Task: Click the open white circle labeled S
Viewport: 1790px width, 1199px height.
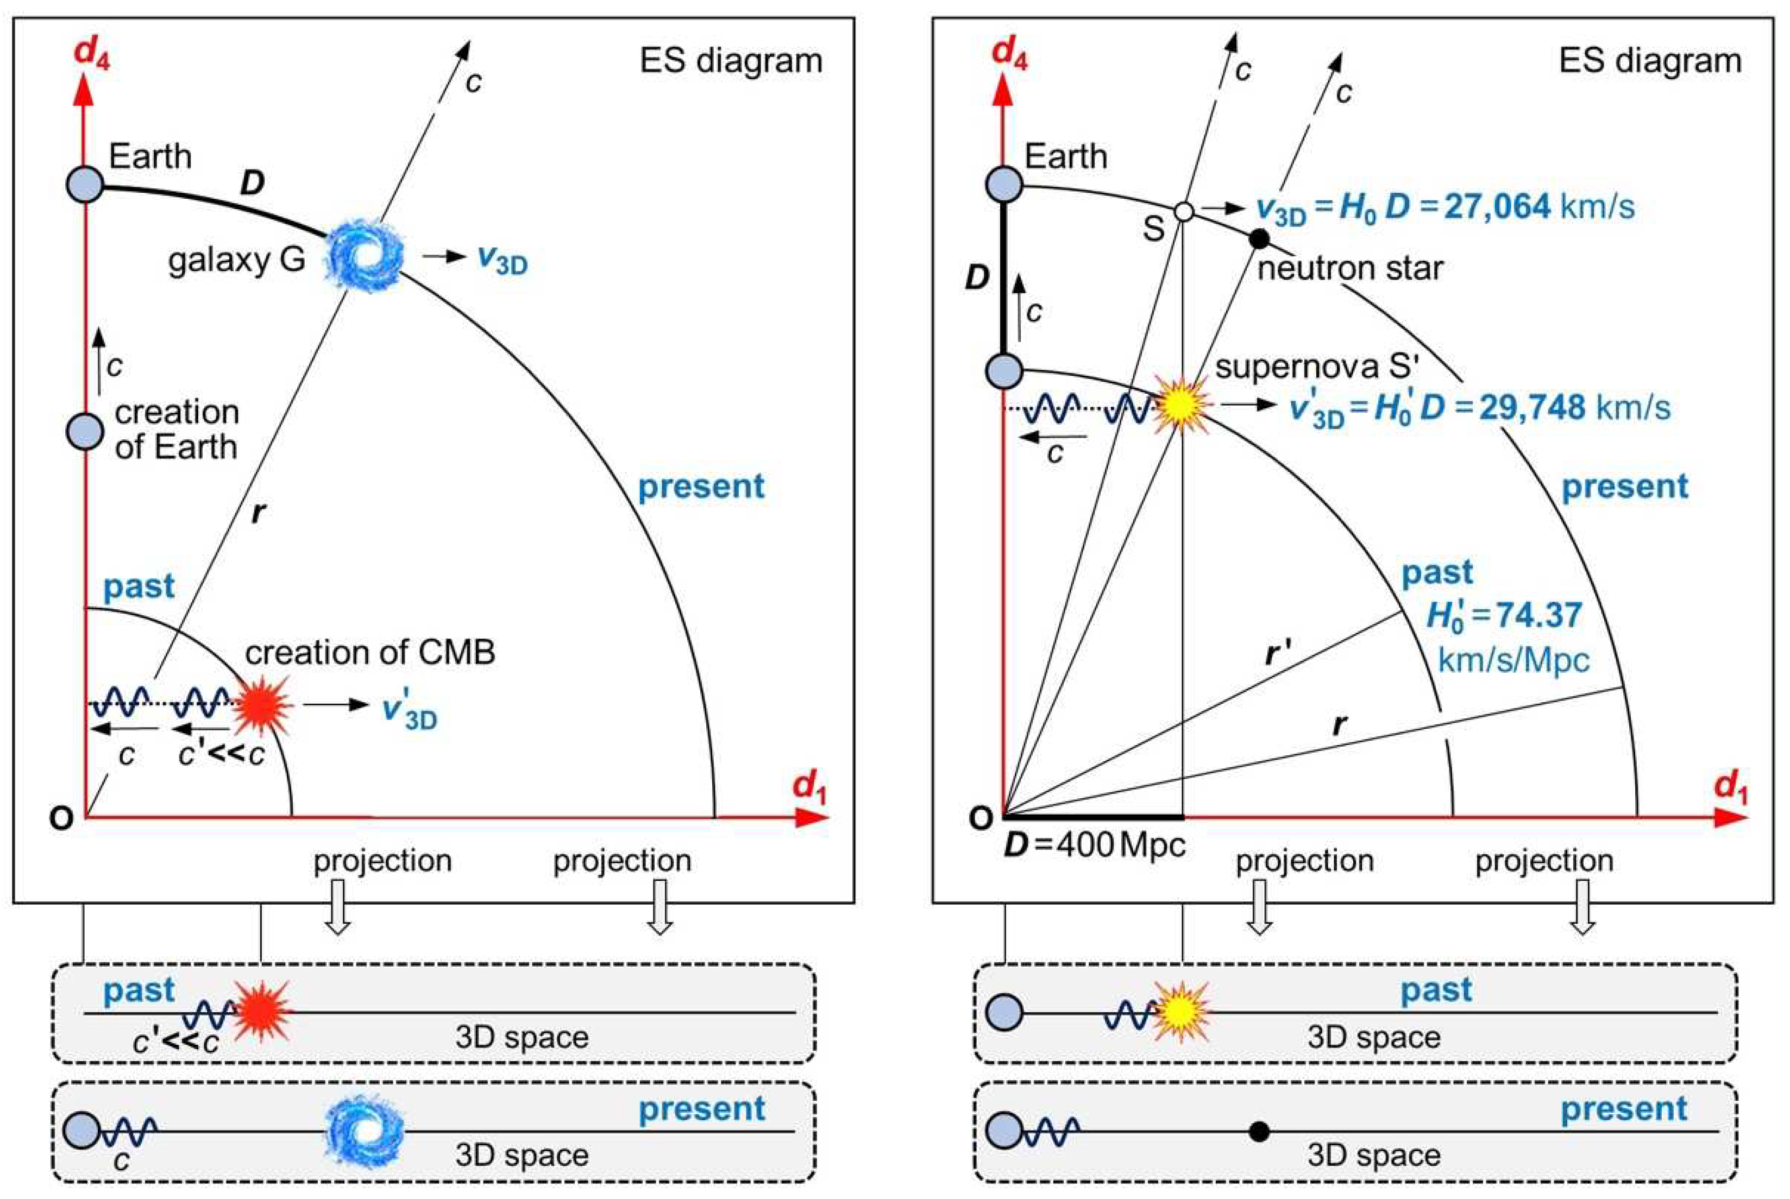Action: (1183, 211)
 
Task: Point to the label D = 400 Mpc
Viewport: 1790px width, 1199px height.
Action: (1095, 845)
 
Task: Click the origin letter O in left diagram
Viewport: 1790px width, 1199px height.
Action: (61, 818)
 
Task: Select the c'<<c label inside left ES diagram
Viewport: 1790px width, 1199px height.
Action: (221, 755)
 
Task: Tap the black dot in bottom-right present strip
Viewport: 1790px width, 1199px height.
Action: (1258, 1131)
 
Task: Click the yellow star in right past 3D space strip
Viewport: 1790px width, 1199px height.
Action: (1182, 1012)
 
